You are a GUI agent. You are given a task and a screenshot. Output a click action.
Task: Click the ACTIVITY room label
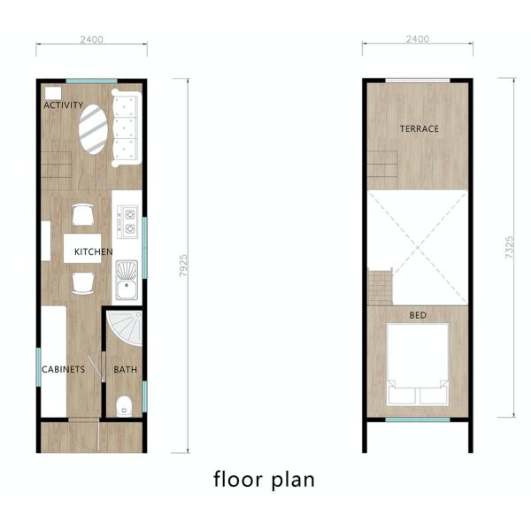tap(64, 105)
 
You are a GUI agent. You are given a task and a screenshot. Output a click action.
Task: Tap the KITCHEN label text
tap(94, 251)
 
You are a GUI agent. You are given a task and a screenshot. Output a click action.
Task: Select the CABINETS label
tap(64, 369)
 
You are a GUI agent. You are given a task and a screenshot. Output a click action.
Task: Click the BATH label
tap(126, 369)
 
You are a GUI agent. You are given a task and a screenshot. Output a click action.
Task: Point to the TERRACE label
tap(419, 128)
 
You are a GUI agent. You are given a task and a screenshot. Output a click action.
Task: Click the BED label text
tap(418, 315)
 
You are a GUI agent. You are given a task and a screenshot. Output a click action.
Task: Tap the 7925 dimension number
tap(183, 265)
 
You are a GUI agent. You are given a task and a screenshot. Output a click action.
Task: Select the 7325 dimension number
tap(510, 248)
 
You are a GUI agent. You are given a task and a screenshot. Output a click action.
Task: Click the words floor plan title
tap(264, 480)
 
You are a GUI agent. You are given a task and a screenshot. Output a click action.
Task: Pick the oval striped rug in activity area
tap(94, 129)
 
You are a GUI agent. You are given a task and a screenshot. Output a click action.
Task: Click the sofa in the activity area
tap(127, 128)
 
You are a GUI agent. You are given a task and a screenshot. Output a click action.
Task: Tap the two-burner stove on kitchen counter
tap(127, 222)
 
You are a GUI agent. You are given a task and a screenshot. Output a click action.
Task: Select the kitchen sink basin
tap(127, 280)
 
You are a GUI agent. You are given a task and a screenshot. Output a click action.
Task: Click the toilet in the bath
tap(124, 406)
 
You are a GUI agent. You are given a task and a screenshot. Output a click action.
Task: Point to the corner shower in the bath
tap(124, 328)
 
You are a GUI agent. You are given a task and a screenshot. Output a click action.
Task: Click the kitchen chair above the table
tap(82, 214)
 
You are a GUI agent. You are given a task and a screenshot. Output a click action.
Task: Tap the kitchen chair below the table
tap(83, 283)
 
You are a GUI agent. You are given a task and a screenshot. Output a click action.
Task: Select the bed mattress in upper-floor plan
tap(418, 365)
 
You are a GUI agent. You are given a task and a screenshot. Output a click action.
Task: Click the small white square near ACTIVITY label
tap(53, 93)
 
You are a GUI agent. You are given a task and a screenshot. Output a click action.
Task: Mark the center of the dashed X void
tap(418, 248)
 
